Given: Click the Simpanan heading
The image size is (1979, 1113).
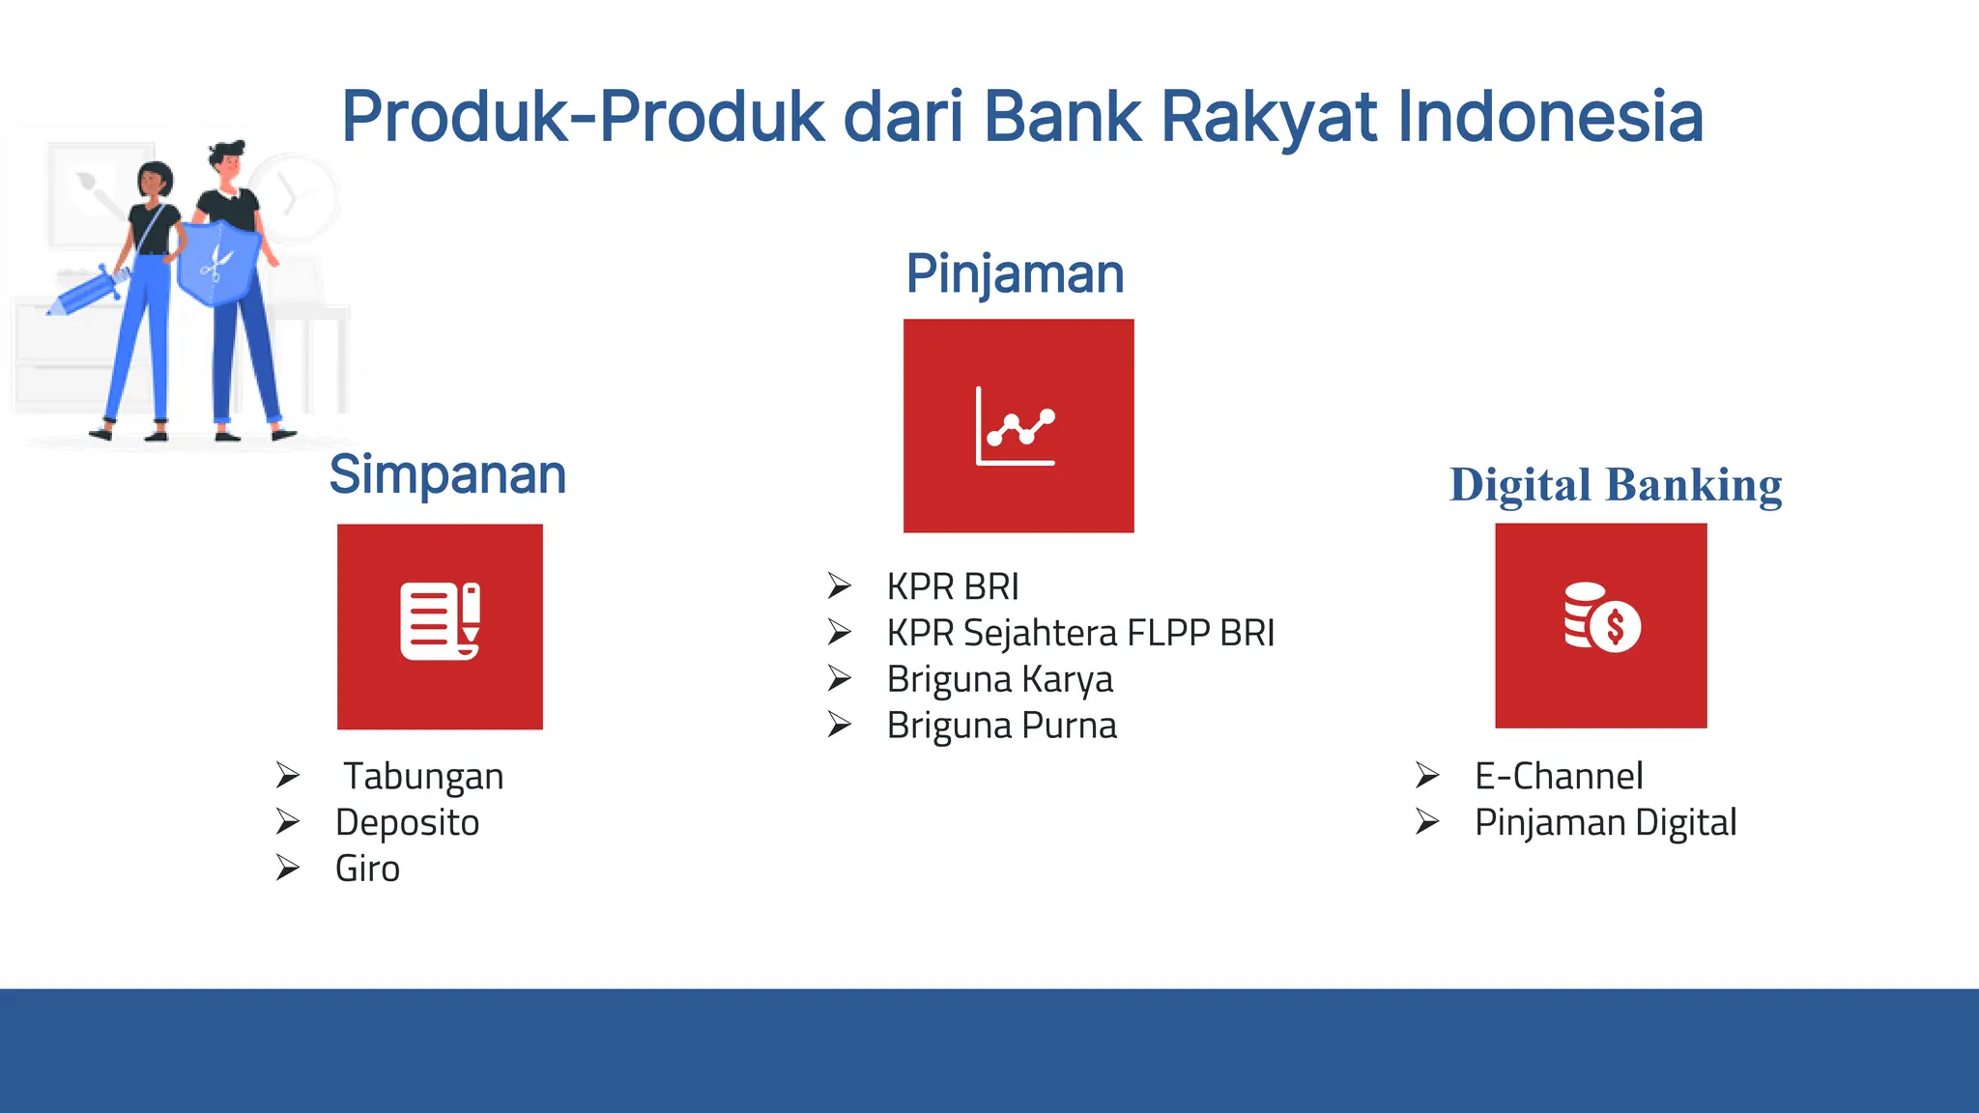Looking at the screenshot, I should pyautogui.click(x=447, y=474).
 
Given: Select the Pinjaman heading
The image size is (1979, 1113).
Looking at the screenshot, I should pyautogui.click(x=1015, y=273).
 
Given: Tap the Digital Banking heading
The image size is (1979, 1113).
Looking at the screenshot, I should pyautogui.click(x=1616, y=485).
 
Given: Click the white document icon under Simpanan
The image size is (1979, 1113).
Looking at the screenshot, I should pyautogui.click(x=441, y=621).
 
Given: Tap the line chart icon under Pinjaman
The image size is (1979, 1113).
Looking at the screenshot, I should pyautogui.click(x=1016, y=426).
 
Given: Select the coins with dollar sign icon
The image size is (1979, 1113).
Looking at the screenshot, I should pyautogui.click(x=1601, y=618).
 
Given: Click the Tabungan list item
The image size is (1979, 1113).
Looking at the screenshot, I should pyautogui.click(x=423, y=777).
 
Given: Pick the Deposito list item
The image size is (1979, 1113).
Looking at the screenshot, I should pyautogui.click(x=407, y=823).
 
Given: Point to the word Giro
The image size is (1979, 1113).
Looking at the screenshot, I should pyautogui.click(x=367, y=869).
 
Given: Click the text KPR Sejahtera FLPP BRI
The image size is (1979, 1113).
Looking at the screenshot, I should pyautogui.click(x=1080, y=634).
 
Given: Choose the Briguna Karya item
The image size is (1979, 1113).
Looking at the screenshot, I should pyautogui.click(x=1000, y=679).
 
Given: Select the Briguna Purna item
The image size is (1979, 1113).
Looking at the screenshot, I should pyautogui.click(x=1002, y=726).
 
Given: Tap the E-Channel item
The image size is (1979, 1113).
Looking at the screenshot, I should pyautogui.click(x=1558, y=777).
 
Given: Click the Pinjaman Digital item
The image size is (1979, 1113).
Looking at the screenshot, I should pyautogui.click(x=1605, y=823).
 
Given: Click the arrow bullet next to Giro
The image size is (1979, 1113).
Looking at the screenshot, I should pyautogui.click(x=287, y=868).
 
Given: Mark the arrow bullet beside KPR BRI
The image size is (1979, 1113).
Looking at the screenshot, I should pyautogui.click(x=839, y=585).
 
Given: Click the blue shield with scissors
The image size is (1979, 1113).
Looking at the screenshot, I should pyautogui.click(x=218, y=263).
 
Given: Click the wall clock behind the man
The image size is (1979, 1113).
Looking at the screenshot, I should pyautogui.click(x=295, y=196).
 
